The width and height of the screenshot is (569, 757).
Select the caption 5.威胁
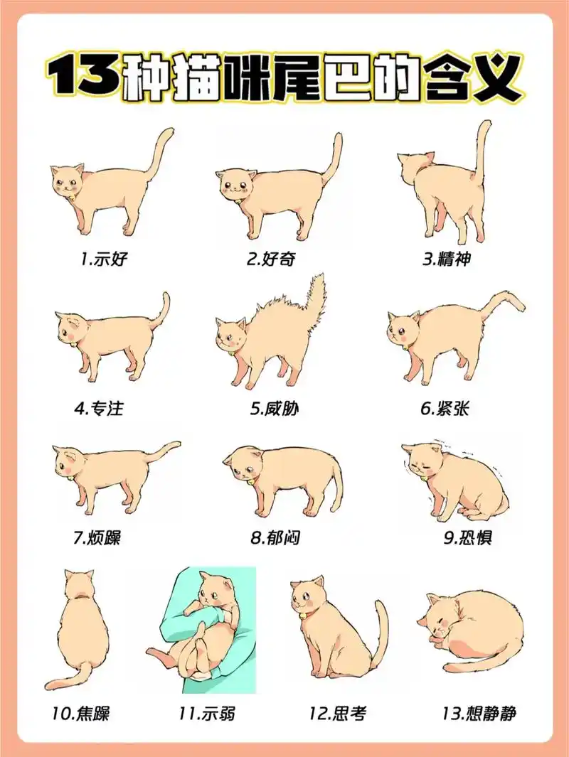[270, 409]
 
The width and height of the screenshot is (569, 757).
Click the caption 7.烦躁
[97, 538]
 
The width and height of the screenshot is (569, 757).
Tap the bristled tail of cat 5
[315, 295]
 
